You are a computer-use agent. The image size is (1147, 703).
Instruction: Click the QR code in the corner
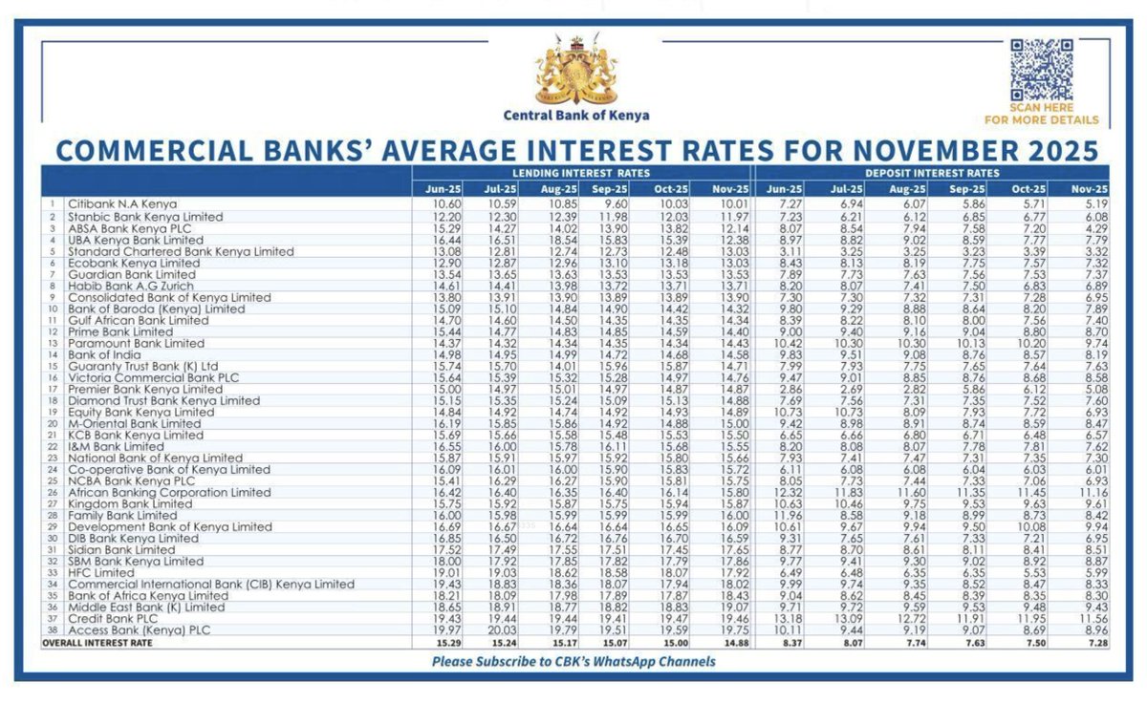coord(1041,68)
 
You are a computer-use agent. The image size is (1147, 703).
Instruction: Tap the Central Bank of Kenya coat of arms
coord(575,72)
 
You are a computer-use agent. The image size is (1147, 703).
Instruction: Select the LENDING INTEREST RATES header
coord(581,173)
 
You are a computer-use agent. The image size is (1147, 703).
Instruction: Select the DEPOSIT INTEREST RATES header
coord(933,173)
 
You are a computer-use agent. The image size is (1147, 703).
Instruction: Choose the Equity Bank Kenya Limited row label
coord(141,412)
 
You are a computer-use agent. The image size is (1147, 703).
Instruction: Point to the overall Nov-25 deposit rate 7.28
coord(1095,643)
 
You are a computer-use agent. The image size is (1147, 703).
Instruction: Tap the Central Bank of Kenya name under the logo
coord(576,116)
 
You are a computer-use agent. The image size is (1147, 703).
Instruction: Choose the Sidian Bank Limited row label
coord(121,550)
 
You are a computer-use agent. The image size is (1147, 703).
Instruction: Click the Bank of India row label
coord(102,354)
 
